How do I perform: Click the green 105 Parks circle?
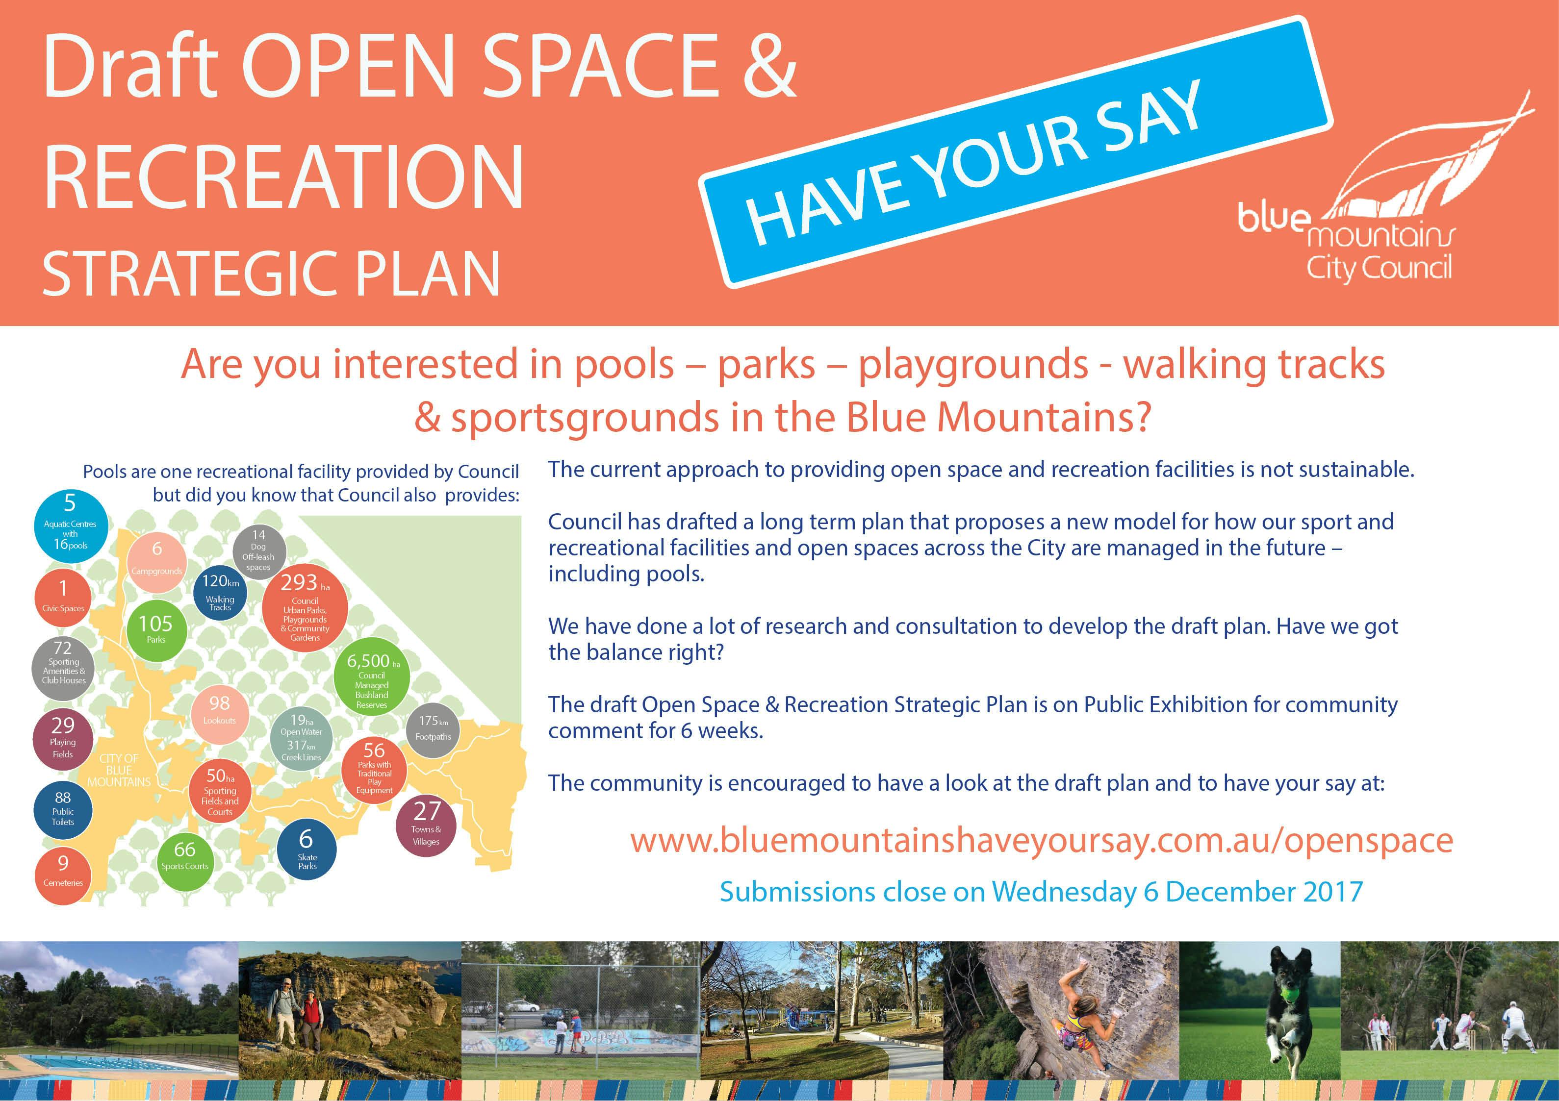[156, 630]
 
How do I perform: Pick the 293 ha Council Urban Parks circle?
[305, 609]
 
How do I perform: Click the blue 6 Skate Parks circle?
[307, 849]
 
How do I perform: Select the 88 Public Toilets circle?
[63, 810]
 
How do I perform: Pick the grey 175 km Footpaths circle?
[433, 730]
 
